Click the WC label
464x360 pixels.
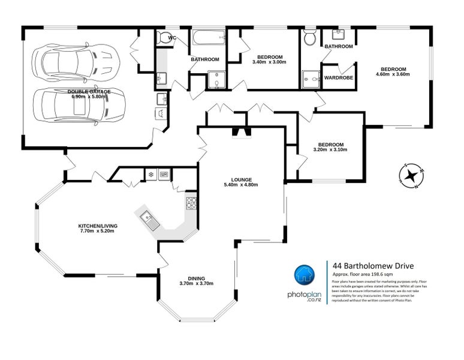tap(172, 38)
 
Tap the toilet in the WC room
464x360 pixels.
tap(162, 38)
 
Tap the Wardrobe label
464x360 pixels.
tap(338, 77)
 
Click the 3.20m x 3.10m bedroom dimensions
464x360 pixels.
tap(330, 149)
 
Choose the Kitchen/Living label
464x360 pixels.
tap(98, 226)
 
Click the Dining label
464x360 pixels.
tap(196, 278)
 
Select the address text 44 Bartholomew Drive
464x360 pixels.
tap(372, 265)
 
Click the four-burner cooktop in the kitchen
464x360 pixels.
tap(191, 203)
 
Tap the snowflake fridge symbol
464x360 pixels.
tap(151, 175)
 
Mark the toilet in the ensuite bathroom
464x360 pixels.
tap(310, 38)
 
